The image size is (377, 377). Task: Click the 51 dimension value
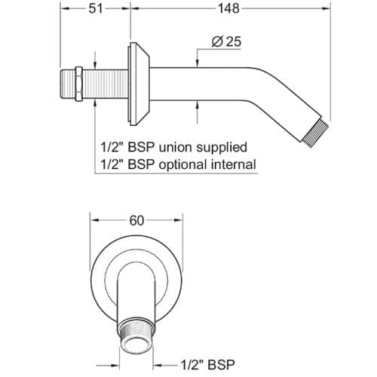coord(96,9)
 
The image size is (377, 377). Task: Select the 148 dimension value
coord(228,9)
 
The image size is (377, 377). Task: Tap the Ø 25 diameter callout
coord(226,41)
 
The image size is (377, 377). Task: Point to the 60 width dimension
coord(136,221)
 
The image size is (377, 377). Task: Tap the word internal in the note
coord(234,164)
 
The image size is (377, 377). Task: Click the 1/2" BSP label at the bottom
coord(208,365)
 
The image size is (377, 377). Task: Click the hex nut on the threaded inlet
coord(79,84)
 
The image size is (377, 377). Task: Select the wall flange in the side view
coord(139,84)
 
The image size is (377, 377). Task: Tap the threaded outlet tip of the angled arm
coord(316,133)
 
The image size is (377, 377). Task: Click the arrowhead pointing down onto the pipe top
coord(198,63)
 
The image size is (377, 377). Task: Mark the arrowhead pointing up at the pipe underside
coord(198,105)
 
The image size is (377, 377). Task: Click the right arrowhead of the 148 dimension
coord(326,9)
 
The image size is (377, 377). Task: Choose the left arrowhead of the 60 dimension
coord(95,220)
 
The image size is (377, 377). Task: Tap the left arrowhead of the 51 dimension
coord(65,9)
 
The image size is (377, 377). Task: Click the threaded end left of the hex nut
coord(68,84)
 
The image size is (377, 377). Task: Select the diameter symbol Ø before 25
coord(217,41)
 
